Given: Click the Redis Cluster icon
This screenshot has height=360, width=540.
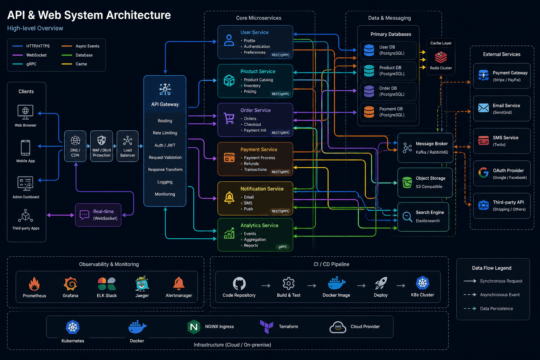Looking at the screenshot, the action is (x=441, y=57).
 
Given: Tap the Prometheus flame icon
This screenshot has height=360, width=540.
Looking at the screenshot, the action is (x=34, y=284).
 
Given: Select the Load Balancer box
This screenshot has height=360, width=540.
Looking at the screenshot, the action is (x=128, y=146).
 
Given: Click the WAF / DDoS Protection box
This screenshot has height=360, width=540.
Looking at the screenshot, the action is (x=102, y=146).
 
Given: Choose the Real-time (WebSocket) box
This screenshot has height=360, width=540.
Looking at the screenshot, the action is (x=98, y=215).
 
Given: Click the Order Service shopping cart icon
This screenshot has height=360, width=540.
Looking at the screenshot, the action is (x=229, y=118).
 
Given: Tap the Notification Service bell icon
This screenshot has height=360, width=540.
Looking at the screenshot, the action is (x=229, y=198).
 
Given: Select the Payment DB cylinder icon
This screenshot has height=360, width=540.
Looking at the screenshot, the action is (x=369, y=112).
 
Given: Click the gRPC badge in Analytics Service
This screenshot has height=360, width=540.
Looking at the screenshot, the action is (x=283, y=247).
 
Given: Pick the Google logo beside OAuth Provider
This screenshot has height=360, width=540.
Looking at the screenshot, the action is (x=483, y=173).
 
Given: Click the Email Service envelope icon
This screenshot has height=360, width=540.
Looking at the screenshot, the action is (x=483, y=108).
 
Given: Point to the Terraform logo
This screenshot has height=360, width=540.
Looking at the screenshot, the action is (x=266, y=327).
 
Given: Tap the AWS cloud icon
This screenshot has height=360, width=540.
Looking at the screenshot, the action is (x=338, y=327).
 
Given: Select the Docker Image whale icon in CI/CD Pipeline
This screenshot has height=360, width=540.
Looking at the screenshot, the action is (x=336, y=283).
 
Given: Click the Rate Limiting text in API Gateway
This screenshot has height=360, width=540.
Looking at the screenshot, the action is (x=165, y=133).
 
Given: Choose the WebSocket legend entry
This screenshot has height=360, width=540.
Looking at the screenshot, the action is (x=30, y=55).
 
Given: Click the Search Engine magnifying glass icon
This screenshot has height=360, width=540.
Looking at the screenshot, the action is (x=407, y=217).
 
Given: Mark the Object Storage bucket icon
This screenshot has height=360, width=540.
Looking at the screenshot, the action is (x=407, y=182).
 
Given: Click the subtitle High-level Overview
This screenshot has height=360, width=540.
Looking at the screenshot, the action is (x=35, y=28).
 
